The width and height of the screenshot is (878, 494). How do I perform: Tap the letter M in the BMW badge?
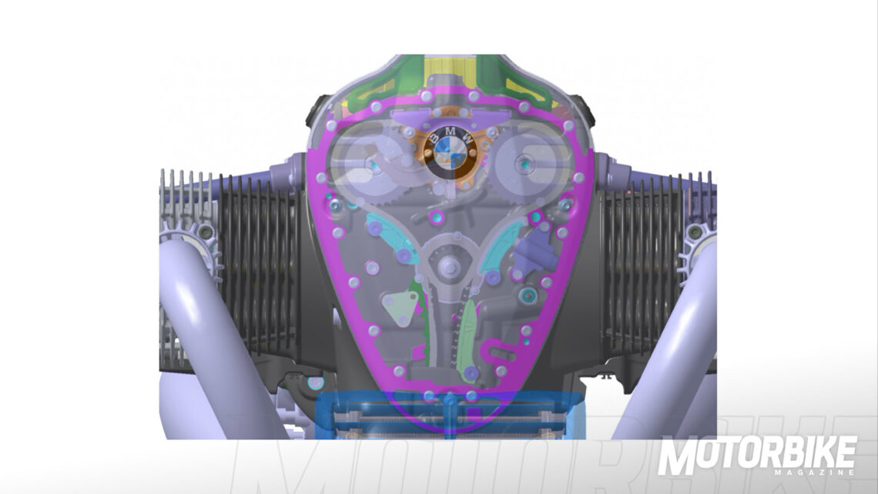click(x=451, y=132)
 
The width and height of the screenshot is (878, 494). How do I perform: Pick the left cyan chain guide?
click(x=392, y=238)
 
